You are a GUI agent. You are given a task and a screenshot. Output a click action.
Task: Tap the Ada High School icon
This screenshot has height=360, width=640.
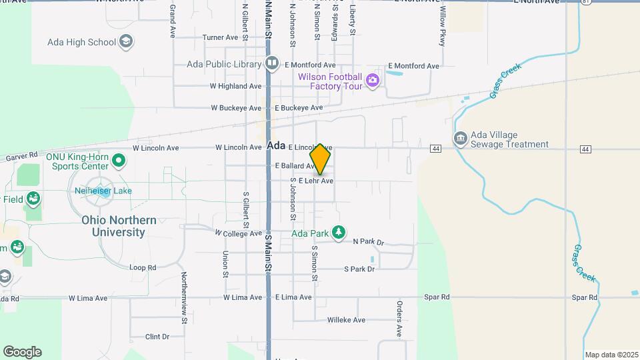pyautogui.click(x=125, y=42)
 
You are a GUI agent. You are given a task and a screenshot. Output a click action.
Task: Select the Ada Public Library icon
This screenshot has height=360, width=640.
pyautogui.click(x=271, y=64)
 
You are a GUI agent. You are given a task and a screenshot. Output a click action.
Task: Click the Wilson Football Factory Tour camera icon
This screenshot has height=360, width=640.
pyautogui.click(x=372, y=81)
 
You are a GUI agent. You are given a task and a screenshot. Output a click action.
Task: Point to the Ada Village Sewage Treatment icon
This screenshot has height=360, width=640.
pyautogui.click(x=460, y=139)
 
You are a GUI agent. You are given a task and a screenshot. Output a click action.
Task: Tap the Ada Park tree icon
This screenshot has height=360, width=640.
pyautogui.click(x=339, y=233)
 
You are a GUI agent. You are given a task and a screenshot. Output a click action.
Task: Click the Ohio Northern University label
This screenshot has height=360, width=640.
pyautogui.click(x=119, y=226)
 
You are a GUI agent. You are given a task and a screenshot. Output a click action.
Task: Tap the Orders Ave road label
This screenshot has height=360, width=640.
pyautogui.click(x=399, y=319)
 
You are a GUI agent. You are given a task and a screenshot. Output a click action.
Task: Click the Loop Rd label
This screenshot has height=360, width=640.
pyautogui.click(x=143, y=267)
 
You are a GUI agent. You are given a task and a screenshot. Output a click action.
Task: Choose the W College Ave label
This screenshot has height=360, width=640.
pyautogui.click(x=238, y=233)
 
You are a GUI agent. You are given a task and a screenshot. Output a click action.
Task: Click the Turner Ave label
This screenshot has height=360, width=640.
pyautogui.click(x=220, y=37)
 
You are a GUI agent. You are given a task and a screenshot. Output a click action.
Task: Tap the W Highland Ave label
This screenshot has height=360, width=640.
pyautogui.click(x=235, y=86)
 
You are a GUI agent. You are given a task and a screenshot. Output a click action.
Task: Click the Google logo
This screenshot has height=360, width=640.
pyautogui.click(x=22, y=351)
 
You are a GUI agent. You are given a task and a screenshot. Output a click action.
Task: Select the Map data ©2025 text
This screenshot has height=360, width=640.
pyautogui.click(x=610, y=355)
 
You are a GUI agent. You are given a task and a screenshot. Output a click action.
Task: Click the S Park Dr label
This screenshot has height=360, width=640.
pyautogui.click(x=359, y=269)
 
